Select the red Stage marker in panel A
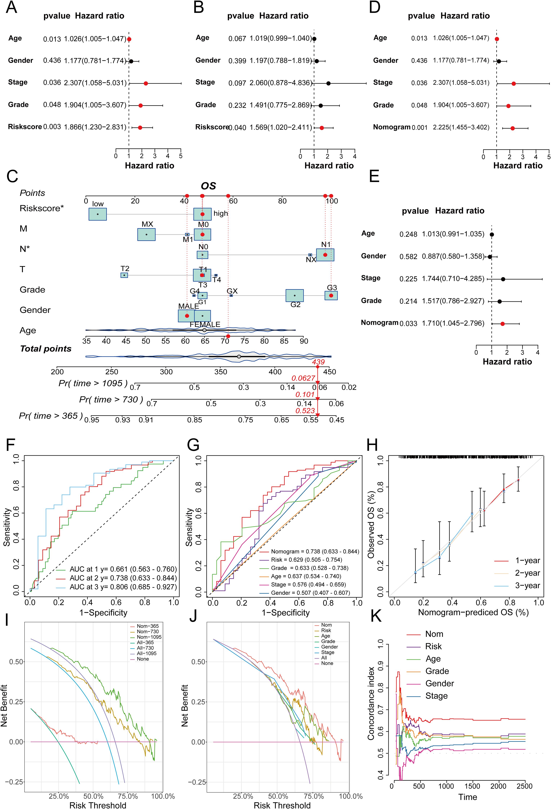click(x=146, y=83)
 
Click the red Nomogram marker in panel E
click(x=502, y=324)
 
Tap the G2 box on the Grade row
click(x=295, y=295)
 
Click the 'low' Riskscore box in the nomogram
click(x=98, y=214)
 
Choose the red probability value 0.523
click(x=305, y=411)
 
